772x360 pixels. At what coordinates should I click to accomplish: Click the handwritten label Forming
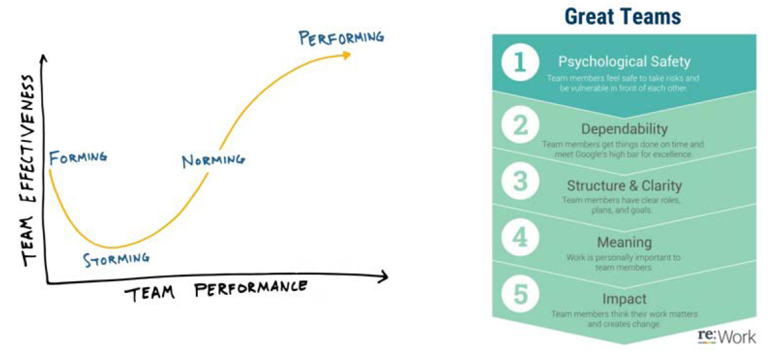pos(77,158)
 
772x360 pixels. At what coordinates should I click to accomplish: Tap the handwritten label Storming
pos(116,259)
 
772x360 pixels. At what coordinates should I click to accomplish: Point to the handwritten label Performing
pos(341,37)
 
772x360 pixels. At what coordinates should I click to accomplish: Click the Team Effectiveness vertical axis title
pos(29,170)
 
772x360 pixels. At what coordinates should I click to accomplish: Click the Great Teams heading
pos(624,16)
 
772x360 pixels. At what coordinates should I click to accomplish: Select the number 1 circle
pos(519,64)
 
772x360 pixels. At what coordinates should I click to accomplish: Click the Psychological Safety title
pos(624,62)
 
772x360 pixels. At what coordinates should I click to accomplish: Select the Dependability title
pos(624,128)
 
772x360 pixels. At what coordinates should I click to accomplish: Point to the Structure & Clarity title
pos(624,186)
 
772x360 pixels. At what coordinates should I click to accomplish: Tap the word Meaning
pos(624,242)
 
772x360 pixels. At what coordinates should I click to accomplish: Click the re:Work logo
pos(726,336)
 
